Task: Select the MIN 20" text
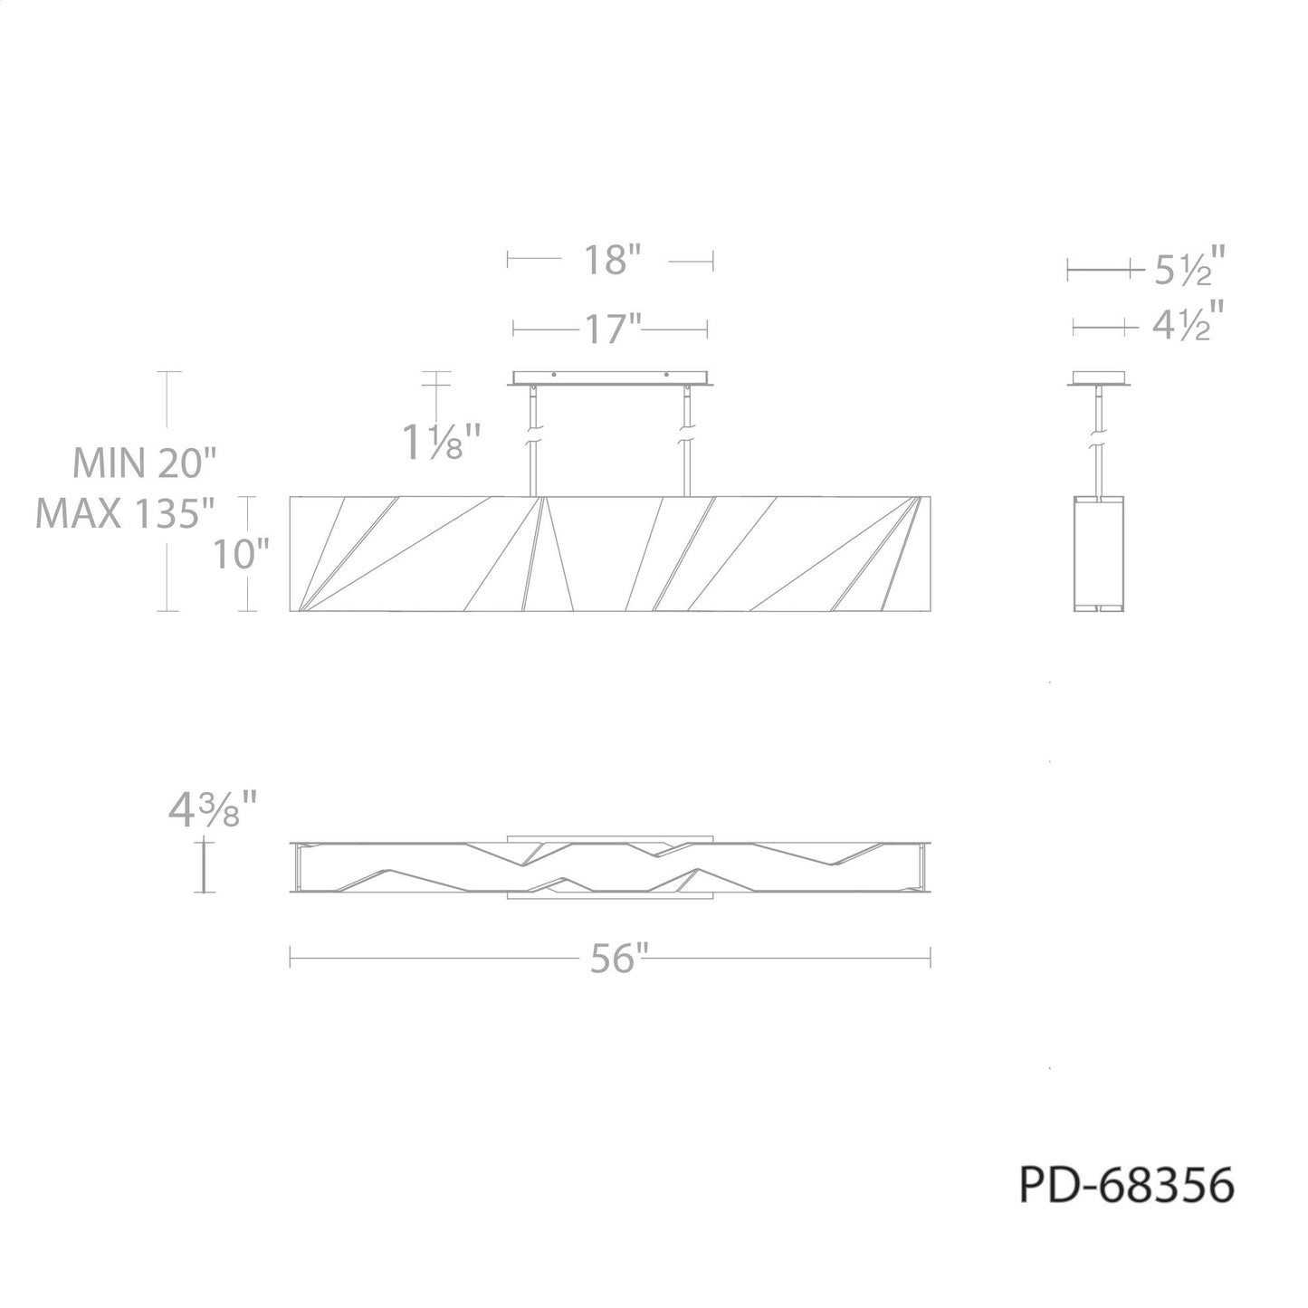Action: pos(144,464)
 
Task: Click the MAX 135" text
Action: pos(125,514)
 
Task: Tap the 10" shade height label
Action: pos(241,554)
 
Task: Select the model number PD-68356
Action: pos(1127,1185)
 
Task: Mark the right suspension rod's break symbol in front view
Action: pos(687,435)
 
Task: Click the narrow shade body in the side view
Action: pos(1099,553)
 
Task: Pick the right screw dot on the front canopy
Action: pos(667,375)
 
